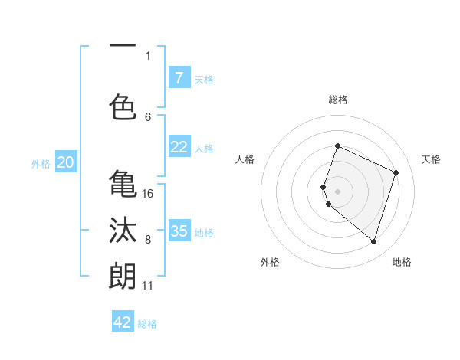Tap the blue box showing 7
pyautogui.click(x=179, y=77)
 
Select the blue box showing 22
pyautogui.click(x=179, y=147)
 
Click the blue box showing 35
pyautogui.click(x=179, y=231)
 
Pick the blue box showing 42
pyautogui.click(x=123, y=322)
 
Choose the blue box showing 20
pyautogui.click(x=66, y=162)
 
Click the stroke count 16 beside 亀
pyautogui.click(x=148, y=194)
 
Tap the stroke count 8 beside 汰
pyautogui.click(x=148, y=240)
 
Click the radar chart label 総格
pyautogui.click(x=338, y=100)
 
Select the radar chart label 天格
pyautogui.click(x=431, y=159)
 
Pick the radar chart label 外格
pyautogui.click(x=270, y=262)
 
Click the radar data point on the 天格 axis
pyautogui.click(x=396, y=172)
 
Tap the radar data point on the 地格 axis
pyautogui.click(x=373, y=241)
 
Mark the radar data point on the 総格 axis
pyautogui.click(x=337, y=146)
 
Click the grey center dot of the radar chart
pyautogui.click(x=337, y=191)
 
